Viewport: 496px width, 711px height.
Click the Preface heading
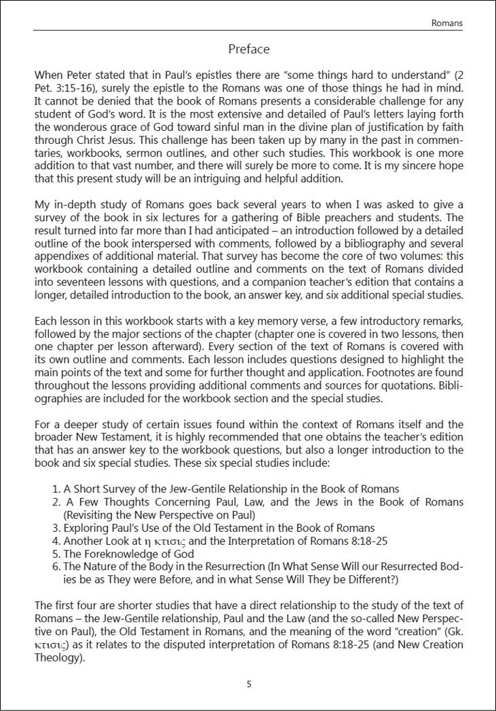click(249, 49)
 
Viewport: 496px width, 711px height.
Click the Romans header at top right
click(447, 23)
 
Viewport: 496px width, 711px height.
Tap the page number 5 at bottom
click(249, 684)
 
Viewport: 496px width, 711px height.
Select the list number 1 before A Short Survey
click(55, 488)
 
